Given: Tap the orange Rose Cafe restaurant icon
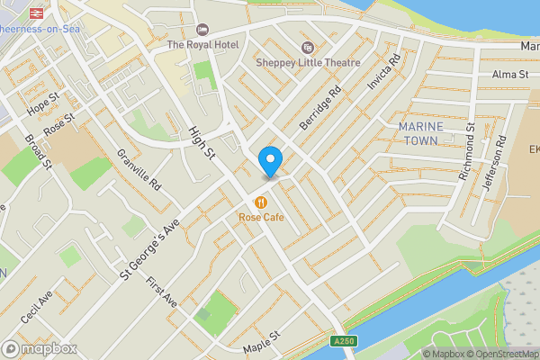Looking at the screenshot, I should [x=261, y=202].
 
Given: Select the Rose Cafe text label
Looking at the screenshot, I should [x=261, y=217].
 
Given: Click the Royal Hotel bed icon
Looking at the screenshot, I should [x=202, y=30].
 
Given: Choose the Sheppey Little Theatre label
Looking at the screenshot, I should [x=308, y=63].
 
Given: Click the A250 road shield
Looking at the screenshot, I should [x=350, y=341].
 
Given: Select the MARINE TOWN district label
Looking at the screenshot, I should [x=421, y=134].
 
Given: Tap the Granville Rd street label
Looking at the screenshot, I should [x=138, y=168].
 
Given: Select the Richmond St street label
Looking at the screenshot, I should [x=466, y=157].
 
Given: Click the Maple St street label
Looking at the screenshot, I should [x=262, y=340].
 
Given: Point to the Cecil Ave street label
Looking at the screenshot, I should [x=39, y=306].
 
